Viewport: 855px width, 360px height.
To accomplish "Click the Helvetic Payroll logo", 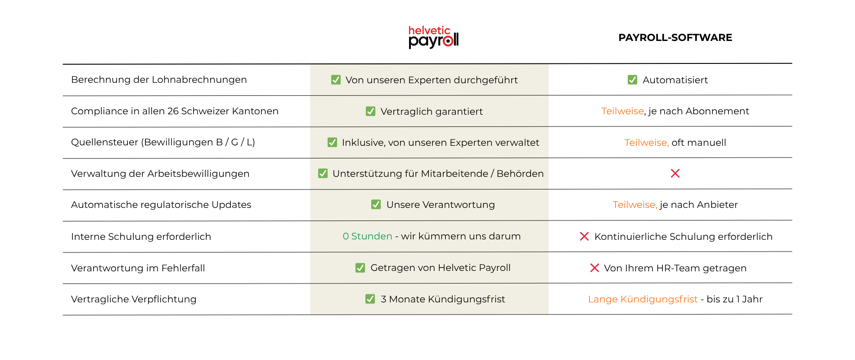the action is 433,37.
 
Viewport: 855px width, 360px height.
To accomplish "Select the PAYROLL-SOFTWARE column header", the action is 675,37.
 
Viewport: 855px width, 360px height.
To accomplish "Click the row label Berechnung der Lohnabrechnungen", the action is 159,80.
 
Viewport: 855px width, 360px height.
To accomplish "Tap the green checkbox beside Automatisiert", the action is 632,80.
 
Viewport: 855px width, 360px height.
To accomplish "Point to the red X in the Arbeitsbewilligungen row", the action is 675,173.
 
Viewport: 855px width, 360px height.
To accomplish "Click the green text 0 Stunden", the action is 367,236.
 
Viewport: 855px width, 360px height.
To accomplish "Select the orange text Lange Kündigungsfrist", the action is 643,299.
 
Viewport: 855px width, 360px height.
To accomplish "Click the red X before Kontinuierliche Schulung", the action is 584,236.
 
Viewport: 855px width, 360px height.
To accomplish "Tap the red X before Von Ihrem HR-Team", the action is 594,268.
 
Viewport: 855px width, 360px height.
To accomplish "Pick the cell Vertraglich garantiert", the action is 424,111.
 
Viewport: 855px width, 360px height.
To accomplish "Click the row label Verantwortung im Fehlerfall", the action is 138,268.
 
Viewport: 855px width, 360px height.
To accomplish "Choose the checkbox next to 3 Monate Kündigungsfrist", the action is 370,299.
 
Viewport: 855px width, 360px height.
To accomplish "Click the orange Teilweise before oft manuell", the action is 647,143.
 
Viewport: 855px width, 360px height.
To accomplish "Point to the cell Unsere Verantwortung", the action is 433,205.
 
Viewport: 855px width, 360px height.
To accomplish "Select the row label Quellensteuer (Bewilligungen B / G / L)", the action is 163,142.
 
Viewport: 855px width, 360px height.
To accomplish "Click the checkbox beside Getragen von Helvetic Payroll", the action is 360,268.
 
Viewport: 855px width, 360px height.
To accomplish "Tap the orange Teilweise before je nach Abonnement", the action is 623,111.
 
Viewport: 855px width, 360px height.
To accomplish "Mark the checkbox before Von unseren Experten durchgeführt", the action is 336,80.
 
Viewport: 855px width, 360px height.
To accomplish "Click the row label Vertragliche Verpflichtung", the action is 134,299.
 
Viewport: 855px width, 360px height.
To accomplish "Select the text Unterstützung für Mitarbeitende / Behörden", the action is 438,174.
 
